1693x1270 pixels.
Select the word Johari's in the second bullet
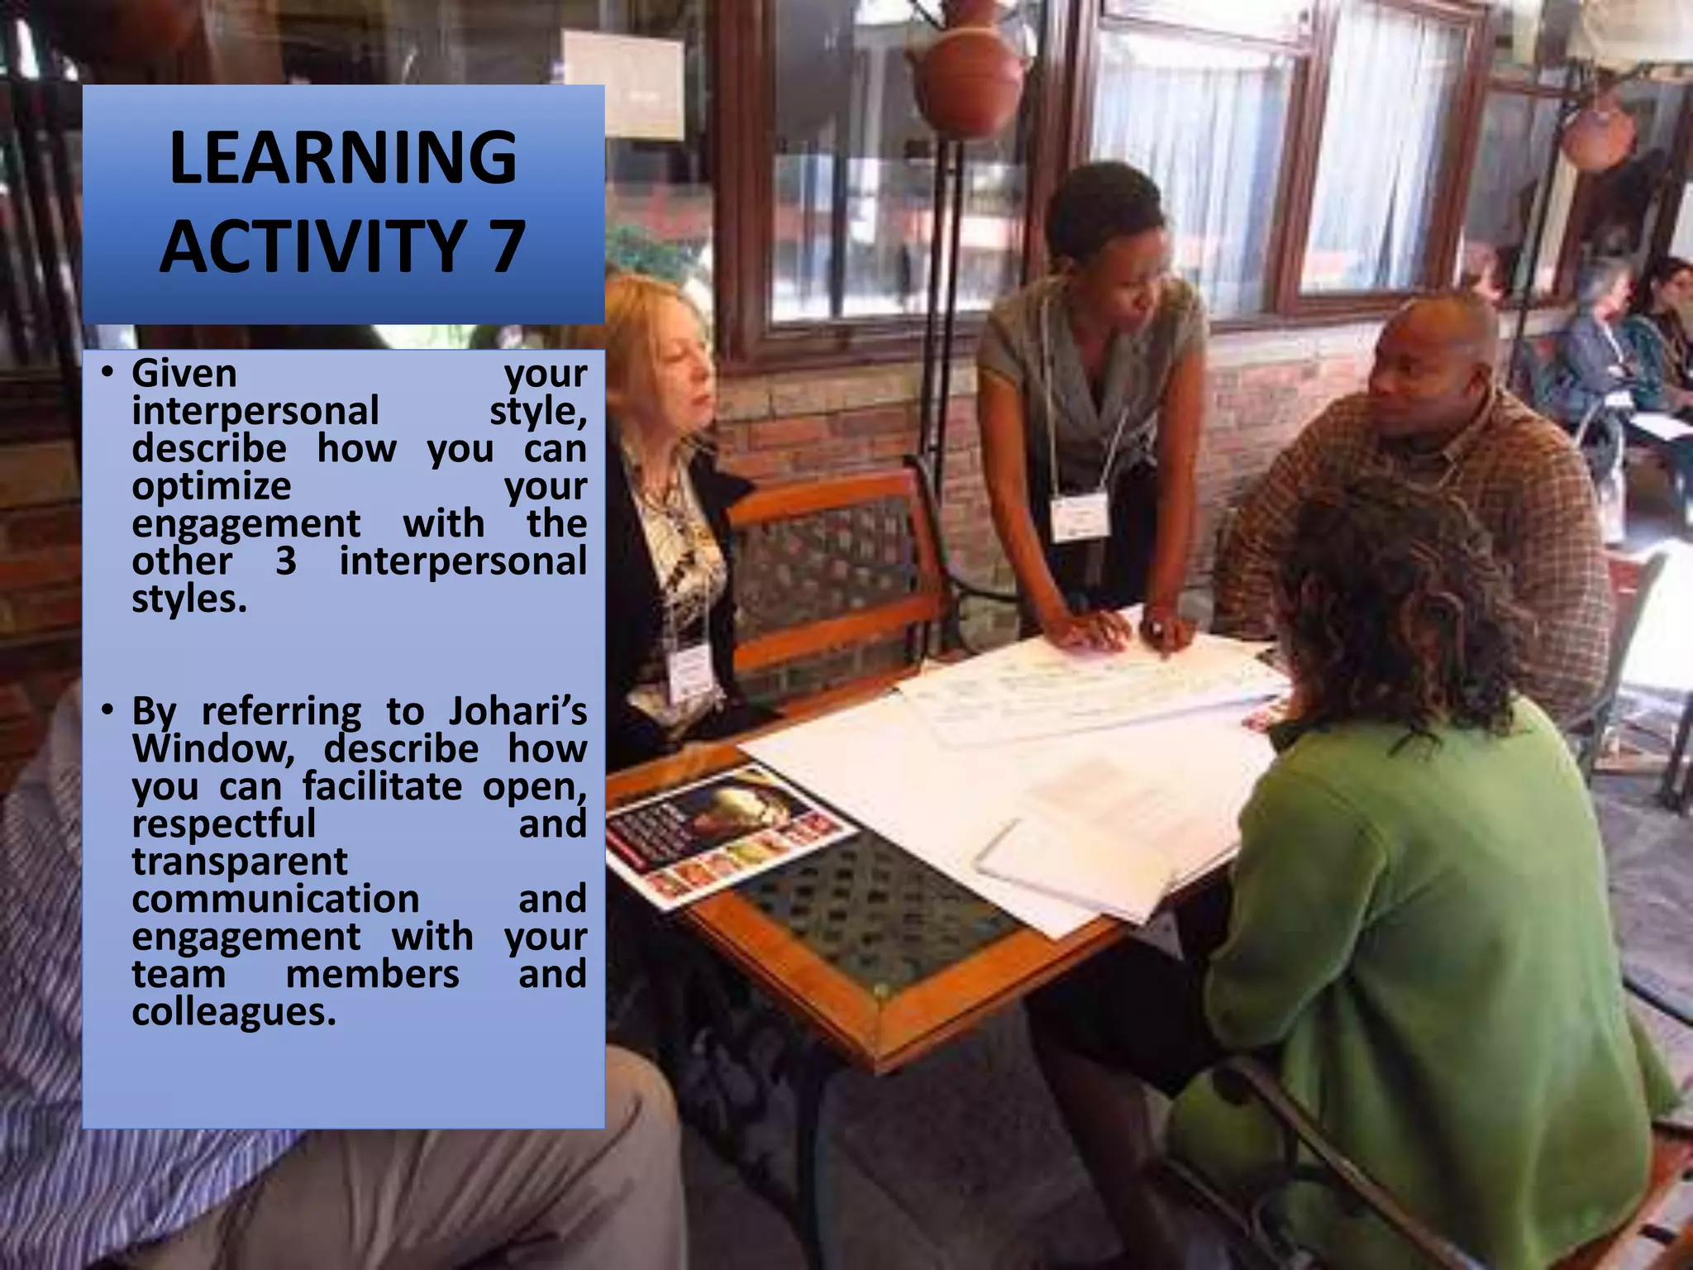click(517, 711)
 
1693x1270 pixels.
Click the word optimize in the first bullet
click(212, 486)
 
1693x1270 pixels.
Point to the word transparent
click(240, 862)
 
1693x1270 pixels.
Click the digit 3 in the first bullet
click(286, 561)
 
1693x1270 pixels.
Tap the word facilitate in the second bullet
click(382, 786)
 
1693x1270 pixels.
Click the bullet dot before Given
click(107, 373)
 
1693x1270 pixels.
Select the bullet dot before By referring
click(107, 710)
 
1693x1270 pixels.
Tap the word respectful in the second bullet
click(223, 824)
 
